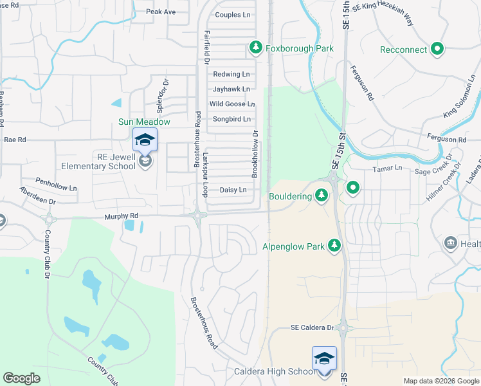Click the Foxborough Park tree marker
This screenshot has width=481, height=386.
click(x=256, y=48)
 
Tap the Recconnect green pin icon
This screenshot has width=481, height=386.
click(x=437, y=49)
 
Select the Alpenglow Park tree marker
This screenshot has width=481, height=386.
click(x=334, y=246)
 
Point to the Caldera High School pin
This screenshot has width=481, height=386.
click(x=324, y=358)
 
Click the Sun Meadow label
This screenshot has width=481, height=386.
click(x=144, y=122)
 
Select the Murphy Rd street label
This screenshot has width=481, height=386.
click(x=122, y=216)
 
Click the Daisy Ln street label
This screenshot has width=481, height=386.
click(x=233, y=190)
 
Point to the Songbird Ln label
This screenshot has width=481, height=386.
click(x=231, y=119)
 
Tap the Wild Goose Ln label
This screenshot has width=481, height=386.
click(x=232, y=104)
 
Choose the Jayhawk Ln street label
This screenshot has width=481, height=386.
click(x=231, y=89)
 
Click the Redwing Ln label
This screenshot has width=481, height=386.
click(x=231, y=75)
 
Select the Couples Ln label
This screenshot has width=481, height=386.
click(x=233, y=15)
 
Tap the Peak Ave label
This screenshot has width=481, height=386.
click(x=161, y=12)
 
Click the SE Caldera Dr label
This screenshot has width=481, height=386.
click(x=313, y=327)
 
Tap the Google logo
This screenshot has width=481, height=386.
click(x=21, y=378)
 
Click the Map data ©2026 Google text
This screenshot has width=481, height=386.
click(x=440, y=381)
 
